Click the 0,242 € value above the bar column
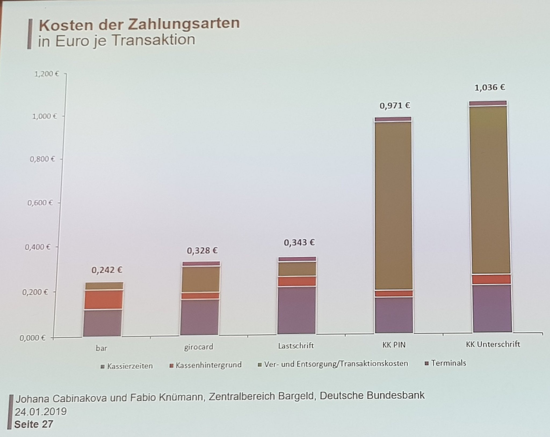coord(107,270)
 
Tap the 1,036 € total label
coord(490,87)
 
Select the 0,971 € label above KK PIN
coord(395,106)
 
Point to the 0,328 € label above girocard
coord(202,251)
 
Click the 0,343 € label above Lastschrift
coord(299,243)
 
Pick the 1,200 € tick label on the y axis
coord(46,74)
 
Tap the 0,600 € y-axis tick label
coord(40,202)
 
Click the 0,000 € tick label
coord(32,338)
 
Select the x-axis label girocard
coord(199,347)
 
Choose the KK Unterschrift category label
coord(493,344)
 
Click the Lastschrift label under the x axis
coord(296,346)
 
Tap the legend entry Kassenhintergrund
coord(208,365)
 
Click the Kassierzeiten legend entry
coord(130,366)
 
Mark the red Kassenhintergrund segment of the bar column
coord(103,299)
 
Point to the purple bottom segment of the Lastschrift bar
coord(296,310)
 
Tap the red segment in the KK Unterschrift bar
coord(492,279)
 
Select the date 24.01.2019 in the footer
coord(41,412)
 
